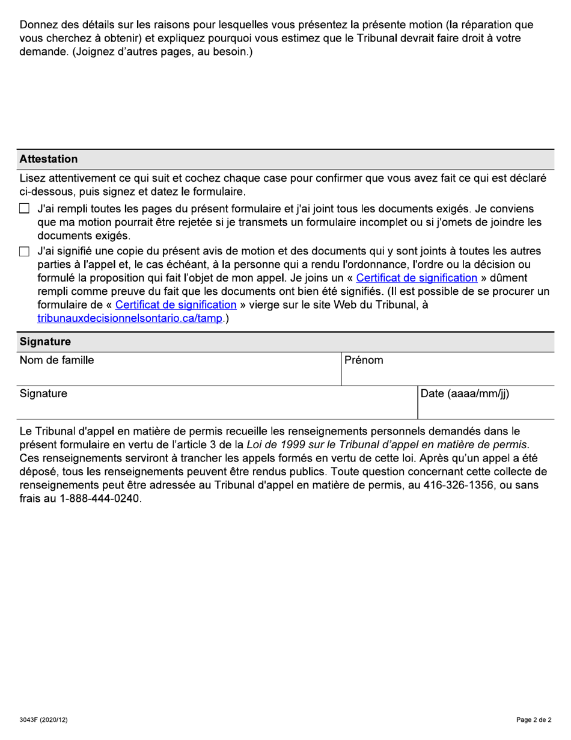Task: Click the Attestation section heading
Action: pyautogui.click(x=49, y=159)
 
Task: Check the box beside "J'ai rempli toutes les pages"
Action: pyautogui.click(x=24, y=209)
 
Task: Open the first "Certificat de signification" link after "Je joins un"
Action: pyautogui.click(x=417, y=278)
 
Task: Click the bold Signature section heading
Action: pyautogui.click(x=45, y=342)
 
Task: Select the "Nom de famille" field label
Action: pyautogui.click(x=56, y=360)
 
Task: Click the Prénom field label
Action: pyautogui.click(x=364, y=360)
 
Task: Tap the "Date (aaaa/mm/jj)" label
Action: pyautogui.click(x=465, y=394)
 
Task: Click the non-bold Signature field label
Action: pyautogui.click(x=43, y=394)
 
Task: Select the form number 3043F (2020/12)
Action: pyautogui.click(x=43, y=720)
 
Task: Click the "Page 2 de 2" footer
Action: pyautogui.click(x=534, y=720)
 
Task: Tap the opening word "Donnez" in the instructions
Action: pyautogui.click(x=39, y=25)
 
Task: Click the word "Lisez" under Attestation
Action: pyautogui.click(x=34, y=179)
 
